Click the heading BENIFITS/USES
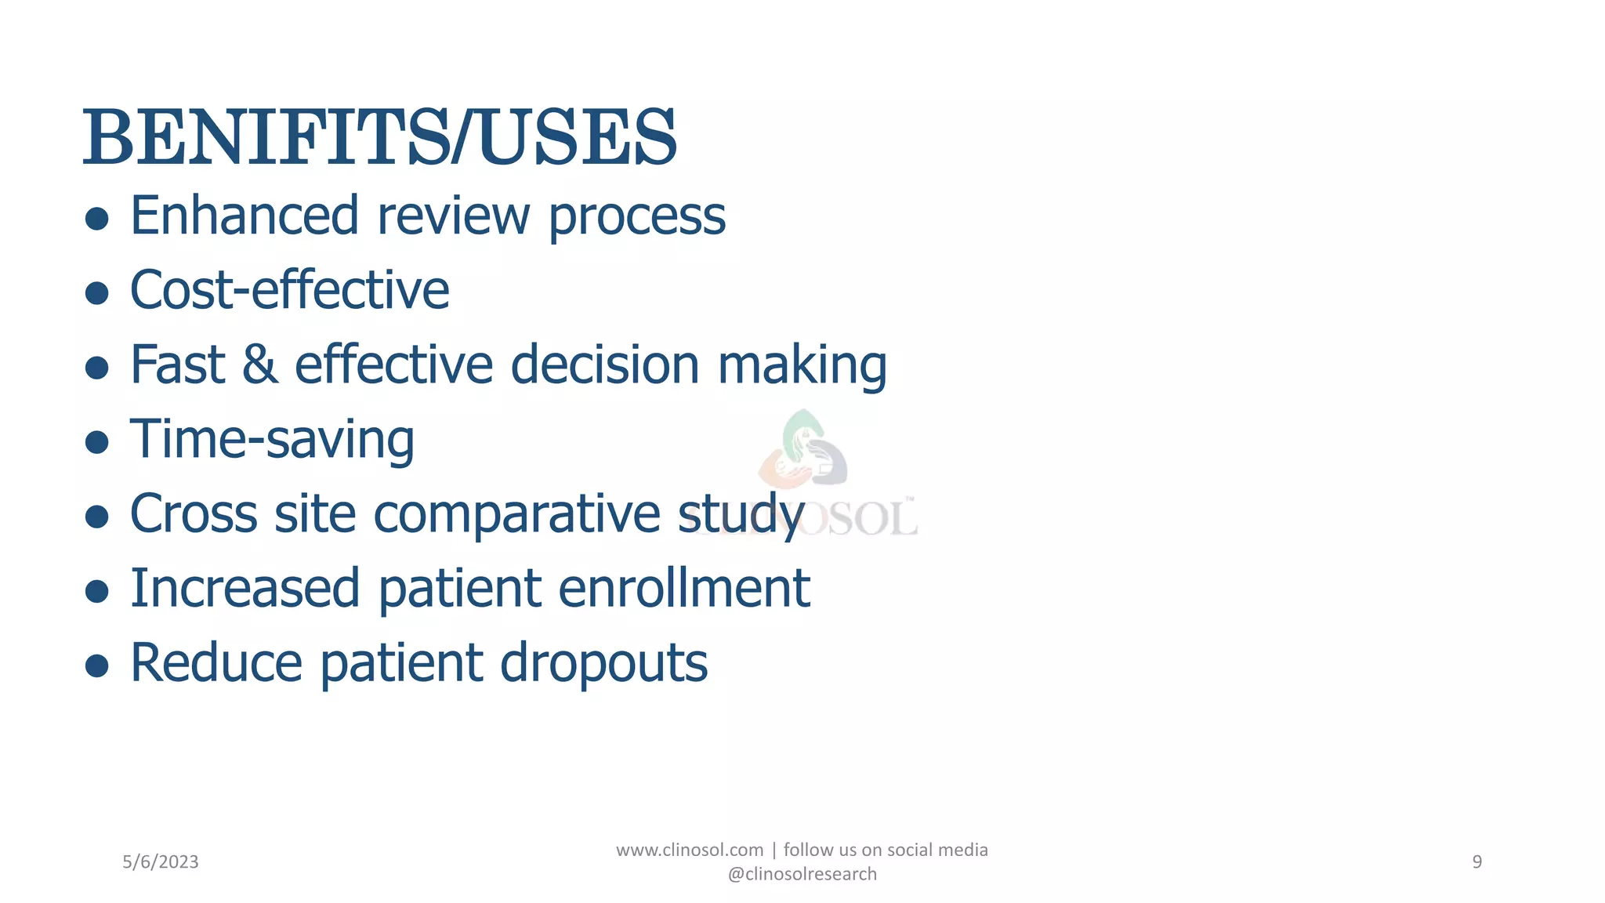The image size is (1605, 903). tap(379, 139)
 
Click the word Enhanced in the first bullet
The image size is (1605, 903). tap(244, 216)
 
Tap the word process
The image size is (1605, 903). tap(636, 216)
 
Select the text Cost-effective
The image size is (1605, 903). tap(289, 291)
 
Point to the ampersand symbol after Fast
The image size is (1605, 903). tap(259, 365)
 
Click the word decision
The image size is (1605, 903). tap(604, 365)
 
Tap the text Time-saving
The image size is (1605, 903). tap(272, 441)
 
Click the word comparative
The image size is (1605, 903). tap(516, 515)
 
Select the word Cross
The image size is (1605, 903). tap(193, 515)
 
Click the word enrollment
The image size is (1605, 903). tap(684, 589)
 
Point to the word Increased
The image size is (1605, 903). tap(244, 589)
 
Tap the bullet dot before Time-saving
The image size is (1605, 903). tap(96, 442)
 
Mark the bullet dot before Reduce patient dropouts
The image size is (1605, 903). tap(96, 665)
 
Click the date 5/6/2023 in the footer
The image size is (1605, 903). tap(161, 862)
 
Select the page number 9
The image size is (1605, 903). tap(1476, 862)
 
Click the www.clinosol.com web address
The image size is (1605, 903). tap(690, 850)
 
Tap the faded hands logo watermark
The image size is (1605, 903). tap(803, 451)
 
